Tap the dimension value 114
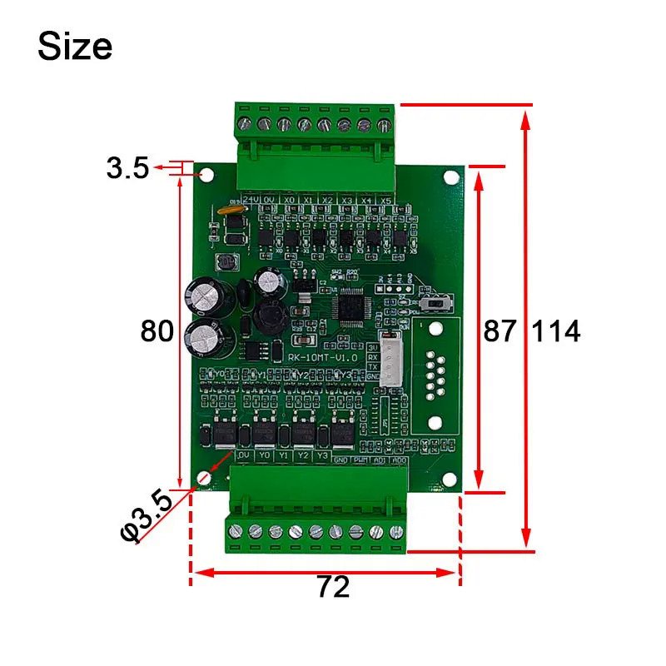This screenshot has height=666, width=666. (x=555, y=331)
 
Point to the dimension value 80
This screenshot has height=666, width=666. (x=157, y=331)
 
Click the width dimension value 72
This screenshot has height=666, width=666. (x=333, y=588)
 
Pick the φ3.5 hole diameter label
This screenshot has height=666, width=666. (x=147, y=517)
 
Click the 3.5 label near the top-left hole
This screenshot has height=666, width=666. (x=127, y=169)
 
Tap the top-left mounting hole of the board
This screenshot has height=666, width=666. (x=206, y=175)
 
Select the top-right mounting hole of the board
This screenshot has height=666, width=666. (x=450, y=176)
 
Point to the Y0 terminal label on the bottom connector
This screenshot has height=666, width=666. (x=264, y=456)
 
